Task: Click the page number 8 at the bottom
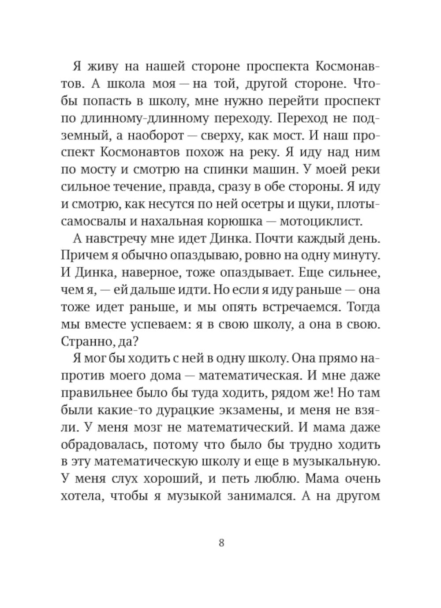point(221,543)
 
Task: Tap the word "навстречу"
point(118,239)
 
